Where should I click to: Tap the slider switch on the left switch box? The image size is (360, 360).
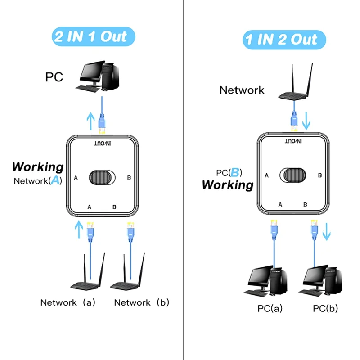(103, 178)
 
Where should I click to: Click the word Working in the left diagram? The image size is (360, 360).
(38, 166)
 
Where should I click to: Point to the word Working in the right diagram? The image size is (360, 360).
(228, 184)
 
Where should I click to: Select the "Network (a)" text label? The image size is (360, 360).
(68, 302)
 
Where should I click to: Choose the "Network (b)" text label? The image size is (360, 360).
(142, 302)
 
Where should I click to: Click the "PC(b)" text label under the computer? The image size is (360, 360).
(325, 309)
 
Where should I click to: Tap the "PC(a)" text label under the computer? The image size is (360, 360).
(270, 309)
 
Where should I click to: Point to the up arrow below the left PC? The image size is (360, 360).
(91, 120)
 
